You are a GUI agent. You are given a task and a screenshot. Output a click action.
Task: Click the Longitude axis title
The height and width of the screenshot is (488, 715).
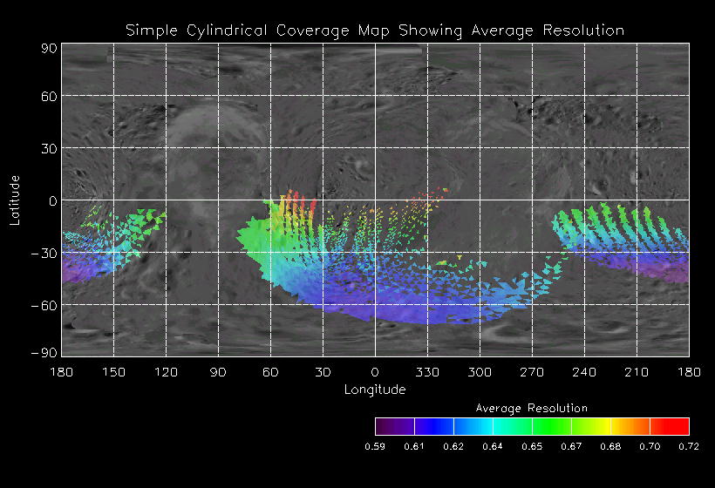(x=375, y=390)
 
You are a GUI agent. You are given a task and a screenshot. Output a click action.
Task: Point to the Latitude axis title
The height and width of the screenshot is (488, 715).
(x=15, y=200)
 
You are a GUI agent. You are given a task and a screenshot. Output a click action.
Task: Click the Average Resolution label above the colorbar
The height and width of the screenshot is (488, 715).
(x=531, y=408)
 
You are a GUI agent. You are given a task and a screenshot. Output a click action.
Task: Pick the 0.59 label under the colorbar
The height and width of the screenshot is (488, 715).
(x=375, y=446)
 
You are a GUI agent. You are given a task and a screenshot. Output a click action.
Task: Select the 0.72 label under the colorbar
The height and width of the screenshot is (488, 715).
(x=689, y=446)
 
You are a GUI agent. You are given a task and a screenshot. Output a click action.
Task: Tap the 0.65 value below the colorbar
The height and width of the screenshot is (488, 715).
(x=532, y=446)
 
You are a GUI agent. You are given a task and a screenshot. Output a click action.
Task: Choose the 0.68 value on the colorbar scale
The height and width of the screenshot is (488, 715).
(x=610, y=446)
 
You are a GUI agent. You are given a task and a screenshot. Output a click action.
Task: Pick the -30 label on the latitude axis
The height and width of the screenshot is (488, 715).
(x=44, y=254)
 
